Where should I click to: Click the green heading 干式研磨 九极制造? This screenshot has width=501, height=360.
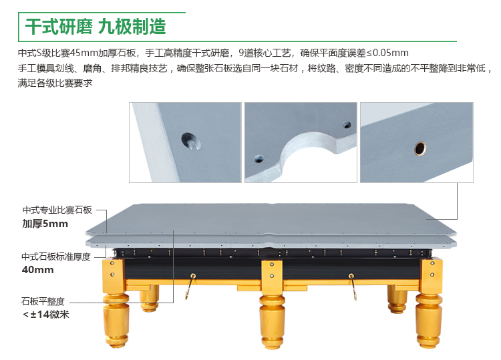(x=96, y=26)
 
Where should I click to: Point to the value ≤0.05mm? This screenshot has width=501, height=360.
(x=387, y=53)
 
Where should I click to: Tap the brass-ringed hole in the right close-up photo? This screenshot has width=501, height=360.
(x=420, y=148)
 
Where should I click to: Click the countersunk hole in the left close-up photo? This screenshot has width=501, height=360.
(x=191, y=142)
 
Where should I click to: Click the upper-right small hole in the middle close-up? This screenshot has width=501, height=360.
(x=347, y=125)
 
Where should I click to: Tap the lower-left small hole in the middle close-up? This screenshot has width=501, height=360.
(x=259, y=158)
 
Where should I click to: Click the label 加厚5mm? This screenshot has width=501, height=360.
(x=45, y=224)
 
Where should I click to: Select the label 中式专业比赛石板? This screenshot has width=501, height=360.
(x=57, y=210)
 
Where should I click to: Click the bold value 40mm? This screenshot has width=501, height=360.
(x=37, y=270)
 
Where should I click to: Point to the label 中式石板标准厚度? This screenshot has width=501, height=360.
(x=56, y=257)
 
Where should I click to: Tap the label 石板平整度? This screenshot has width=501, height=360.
(x=43, y=301)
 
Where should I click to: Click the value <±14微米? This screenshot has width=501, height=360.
(x=46, y=315)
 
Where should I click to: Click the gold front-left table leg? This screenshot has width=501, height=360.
(x=116, y=303)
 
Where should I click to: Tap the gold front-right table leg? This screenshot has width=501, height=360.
(x=429, y=303)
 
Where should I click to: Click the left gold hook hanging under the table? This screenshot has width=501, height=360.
(x=190, y=287)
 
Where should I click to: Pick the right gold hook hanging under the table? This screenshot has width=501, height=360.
(x=353, y=287)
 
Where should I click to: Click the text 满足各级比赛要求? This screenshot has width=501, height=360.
(x=55, y=83)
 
